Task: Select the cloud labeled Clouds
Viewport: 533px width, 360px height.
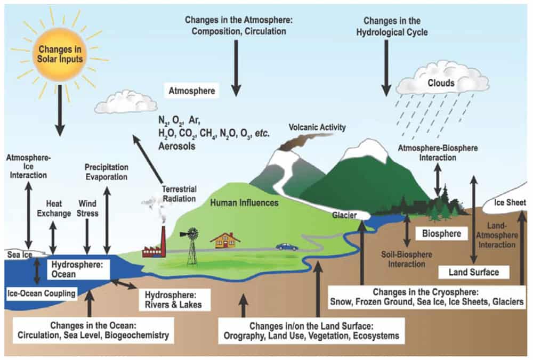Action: (x=442, y=83)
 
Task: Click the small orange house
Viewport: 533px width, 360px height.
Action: (x=224, y=240)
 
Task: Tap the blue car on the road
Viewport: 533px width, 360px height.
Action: (x=287, y=247)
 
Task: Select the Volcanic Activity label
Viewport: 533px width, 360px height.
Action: (x=317, y=127)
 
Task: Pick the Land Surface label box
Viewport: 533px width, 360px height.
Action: (x=473, y=272)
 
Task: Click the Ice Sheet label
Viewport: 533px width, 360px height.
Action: (x=510, y=203)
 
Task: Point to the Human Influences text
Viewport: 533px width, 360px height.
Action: (x=244, y=202)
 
